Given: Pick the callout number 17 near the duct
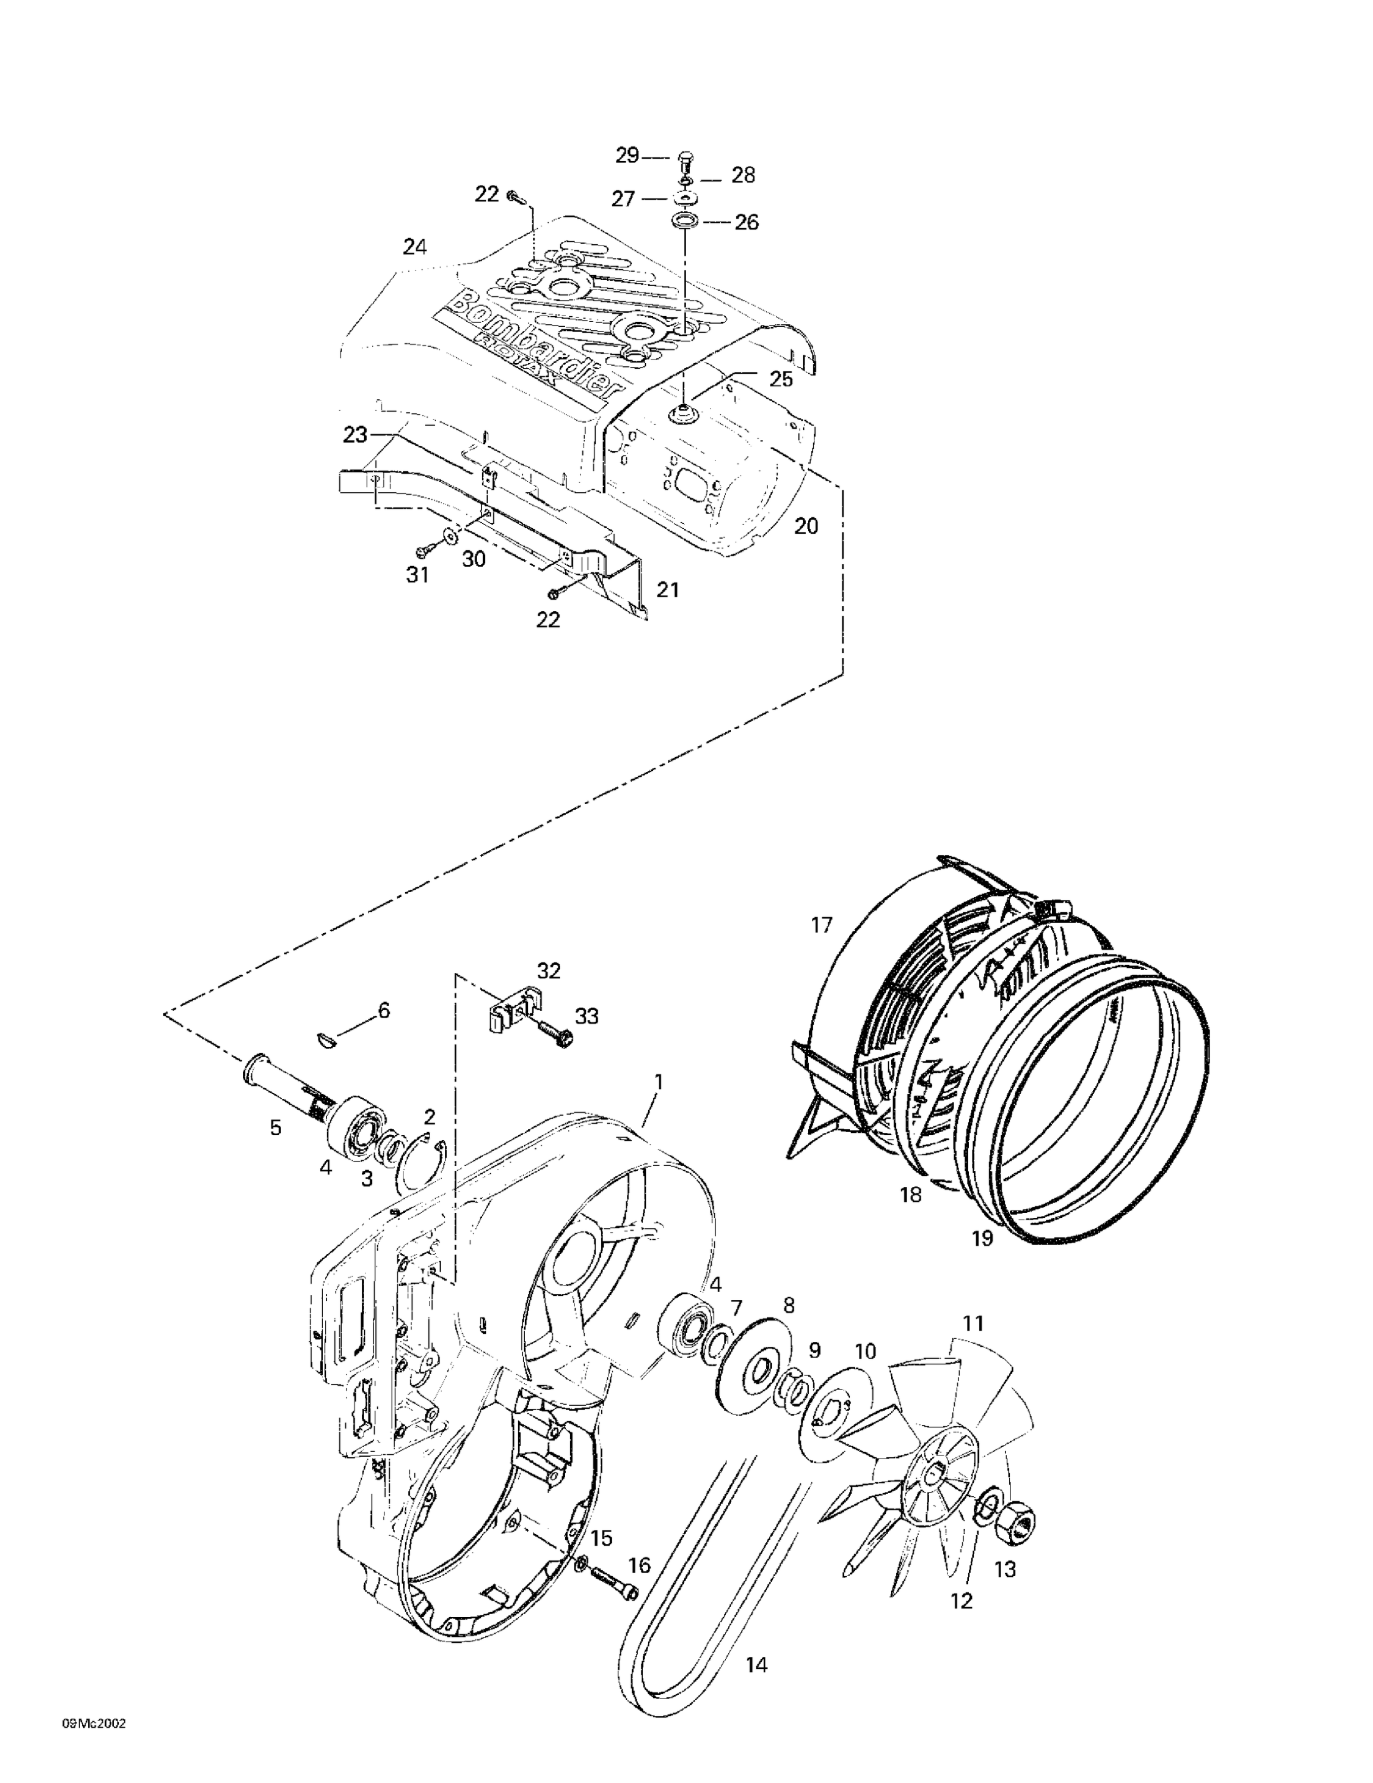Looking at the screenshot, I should pos(821,925).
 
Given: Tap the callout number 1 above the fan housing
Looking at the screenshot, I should pos(658,1082).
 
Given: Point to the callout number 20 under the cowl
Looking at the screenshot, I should pos(806,527).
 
